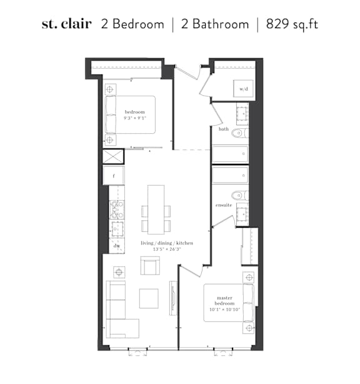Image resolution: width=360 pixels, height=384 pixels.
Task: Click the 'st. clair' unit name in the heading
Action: (x=67, y=24)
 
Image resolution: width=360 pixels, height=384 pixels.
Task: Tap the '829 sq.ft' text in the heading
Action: (x=292, y=24)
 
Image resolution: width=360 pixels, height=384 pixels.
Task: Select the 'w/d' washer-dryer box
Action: (x=243, y=89)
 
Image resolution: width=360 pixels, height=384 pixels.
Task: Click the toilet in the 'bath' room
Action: (x=240, y=133)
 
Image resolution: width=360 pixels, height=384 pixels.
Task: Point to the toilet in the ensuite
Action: (x=240, y=195)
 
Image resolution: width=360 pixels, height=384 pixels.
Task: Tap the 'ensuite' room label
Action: (x=224, y=205)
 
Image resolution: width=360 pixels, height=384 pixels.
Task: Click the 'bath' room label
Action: (x=224, y=129)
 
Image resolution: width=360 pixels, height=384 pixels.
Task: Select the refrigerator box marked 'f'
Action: (x=114, y=175)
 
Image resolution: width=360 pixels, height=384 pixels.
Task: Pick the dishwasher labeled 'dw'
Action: (x=117, y=246)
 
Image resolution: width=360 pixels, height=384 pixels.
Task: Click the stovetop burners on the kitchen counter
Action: (x=117, y=210)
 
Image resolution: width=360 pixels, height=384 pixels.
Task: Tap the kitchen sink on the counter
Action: (x=117, y=230)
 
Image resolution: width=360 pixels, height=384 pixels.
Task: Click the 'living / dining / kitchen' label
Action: (x=167, y=243)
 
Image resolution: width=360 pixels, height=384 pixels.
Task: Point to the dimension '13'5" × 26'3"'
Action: (x=167, y=250)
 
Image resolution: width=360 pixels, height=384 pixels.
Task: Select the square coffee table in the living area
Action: (x=149, y=298)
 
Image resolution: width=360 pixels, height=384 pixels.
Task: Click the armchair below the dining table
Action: (x=150, y=266)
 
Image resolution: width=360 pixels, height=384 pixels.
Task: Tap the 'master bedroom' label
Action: (x=224, y=300)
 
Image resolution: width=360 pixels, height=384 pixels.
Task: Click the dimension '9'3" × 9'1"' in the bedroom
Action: (x=135, y=118)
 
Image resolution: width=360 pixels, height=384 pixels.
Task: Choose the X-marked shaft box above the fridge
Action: (x=113, y=156)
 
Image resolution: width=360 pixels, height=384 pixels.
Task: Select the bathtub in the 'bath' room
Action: (x=230, y=154)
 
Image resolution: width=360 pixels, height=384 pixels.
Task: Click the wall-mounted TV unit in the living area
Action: (x=173, y=298)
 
